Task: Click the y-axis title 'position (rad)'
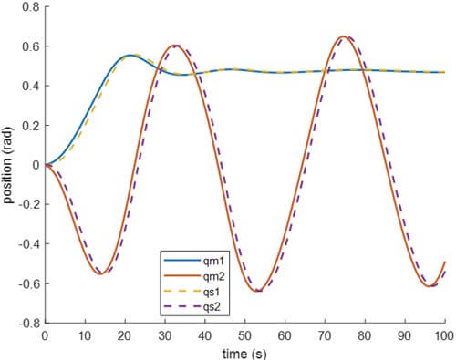(10, 165)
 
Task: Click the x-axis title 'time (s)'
(244, 352)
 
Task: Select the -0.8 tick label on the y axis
(28, 323)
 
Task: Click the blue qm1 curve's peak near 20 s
(129, 55)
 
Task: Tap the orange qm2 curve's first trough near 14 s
(100, 273)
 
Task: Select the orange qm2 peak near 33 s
(175, 46)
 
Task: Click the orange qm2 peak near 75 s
(343, 36)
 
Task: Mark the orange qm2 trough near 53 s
(258, 291)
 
